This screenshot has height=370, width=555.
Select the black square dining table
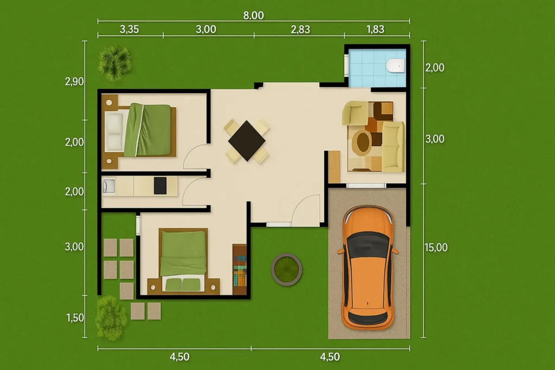click(247, 140)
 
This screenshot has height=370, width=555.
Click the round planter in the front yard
click(286, 269)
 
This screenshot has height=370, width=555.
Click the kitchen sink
click(108, 186)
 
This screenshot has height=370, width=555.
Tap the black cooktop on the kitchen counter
click(160, 186)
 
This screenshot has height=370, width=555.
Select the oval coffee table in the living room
click(362, 142)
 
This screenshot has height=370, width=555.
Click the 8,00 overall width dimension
click(253, 15)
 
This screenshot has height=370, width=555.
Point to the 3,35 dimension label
click(129, 29)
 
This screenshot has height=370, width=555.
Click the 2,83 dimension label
click(300, 29)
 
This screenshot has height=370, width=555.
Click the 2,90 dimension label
click(74, 82)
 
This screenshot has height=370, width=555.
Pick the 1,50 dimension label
click(75, 317)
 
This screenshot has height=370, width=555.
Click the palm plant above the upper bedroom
click(115, 60)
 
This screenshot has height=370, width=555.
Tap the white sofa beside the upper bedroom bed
click(114, 132)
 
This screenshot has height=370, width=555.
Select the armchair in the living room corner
click(354, 113)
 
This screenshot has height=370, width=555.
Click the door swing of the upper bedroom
click(195, 158)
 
